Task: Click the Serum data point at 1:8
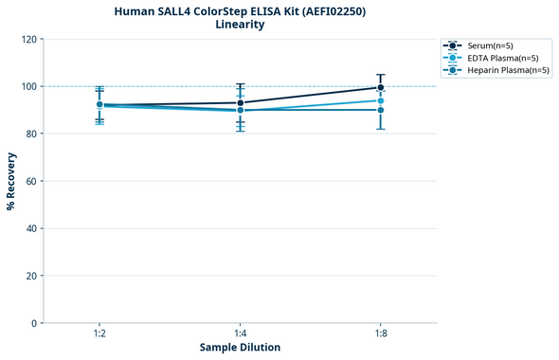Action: point(381,87)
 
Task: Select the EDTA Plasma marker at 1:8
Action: point(381,100)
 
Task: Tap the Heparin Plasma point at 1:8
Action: point(381,110)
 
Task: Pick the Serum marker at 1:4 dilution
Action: point(241,102)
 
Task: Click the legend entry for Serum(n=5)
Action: point(490,45)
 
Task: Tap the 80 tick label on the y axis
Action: point(31,134)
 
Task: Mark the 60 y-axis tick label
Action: point(31,181)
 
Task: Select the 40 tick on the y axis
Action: point(31,228)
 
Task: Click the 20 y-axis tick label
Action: point(31,276)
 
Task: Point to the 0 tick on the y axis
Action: point(34,323)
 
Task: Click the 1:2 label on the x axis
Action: point(99,333)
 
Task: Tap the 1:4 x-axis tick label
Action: point(241,333)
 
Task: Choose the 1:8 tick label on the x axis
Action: point(381,333)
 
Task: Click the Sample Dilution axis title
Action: point(240,348)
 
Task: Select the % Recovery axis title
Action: point(11,180)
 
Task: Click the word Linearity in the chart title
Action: point(240,25)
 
